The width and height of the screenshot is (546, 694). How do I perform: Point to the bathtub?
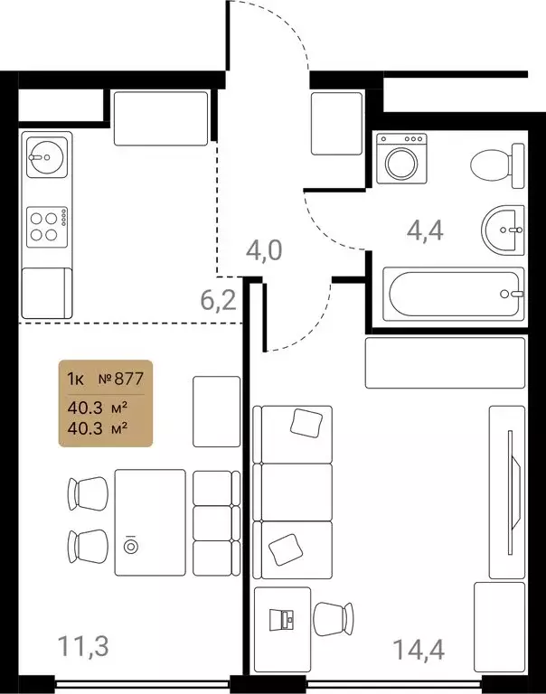tap(453, 295)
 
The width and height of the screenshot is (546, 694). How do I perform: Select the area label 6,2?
tap(217, 299)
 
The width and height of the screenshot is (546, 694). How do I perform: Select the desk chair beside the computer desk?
tap(334, 620)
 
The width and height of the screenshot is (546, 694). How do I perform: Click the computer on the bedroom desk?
tap(283, 619)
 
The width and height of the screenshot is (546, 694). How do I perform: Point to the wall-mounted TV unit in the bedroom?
tap(506, 492)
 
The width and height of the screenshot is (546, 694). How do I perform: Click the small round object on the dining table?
tap(133, 546)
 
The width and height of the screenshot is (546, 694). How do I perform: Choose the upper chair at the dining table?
tap(89, 493)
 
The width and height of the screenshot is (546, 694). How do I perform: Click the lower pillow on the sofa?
tap(287, 547)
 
